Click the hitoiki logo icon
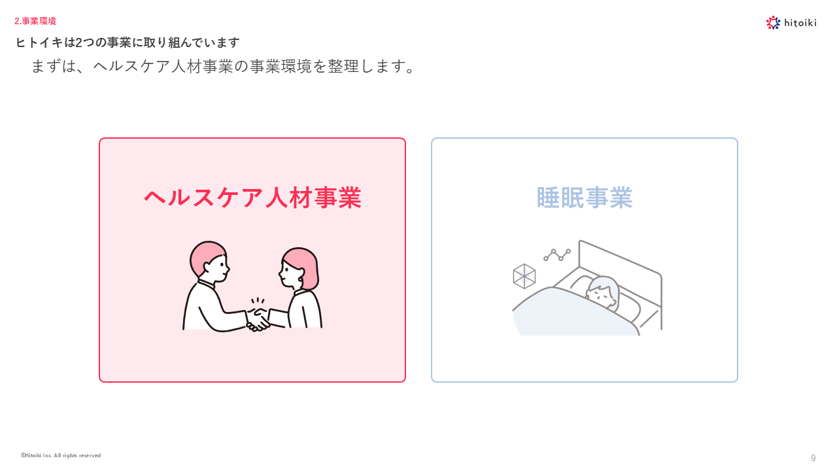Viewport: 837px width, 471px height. tap(773, 22)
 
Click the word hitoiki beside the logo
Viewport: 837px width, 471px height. tap(800, 23)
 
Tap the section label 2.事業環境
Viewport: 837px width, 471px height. tap(35, 21)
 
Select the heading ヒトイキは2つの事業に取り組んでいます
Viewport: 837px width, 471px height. tap(128, 43)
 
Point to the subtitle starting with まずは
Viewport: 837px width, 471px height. tap(223, 67)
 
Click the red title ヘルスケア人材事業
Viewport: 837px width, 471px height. tap(252, 198)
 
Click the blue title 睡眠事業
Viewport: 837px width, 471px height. tap(585, 198)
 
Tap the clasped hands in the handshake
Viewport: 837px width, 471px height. tap(258, 320)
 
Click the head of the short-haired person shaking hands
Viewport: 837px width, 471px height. tap(210, 262)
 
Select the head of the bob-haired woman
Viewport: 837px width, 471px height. tap(299, 268)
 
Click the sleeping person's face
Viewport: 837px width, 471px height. tap(600, 294)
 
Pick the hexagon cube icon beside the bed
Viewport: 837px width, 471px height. tap(524, 276)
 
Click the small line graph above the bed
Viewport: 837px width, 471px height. tap(557, 254)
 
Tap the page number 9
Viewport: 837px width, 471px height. tap(813, 458)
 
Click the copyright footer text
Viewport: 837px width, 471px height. tap(61, 455)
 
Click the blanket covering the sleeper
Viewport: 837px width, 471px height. tap(572, 314)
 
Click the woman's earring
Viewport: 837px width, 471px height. tap(300, 279)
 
